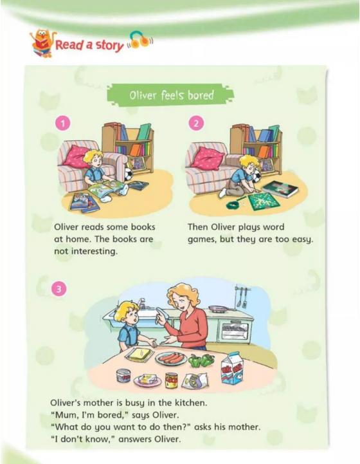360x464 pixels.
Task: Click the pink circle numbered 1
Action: click(63, 124)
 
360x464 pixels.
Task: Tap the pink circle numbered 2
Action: click(196, 124)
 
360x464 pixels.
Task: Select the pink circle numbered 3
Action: click(59, 289)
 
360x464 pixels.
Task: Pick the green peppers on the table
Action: click(202, 360)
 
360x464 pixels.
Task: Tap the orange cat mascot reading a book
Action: click(42, 43)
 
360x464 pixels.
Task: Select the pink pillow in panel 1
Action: click(75, 156)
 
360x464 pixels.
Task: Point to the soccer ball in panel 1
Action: click(129, 174)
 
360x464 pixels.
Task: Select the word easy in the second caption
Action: click(302, 239)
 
